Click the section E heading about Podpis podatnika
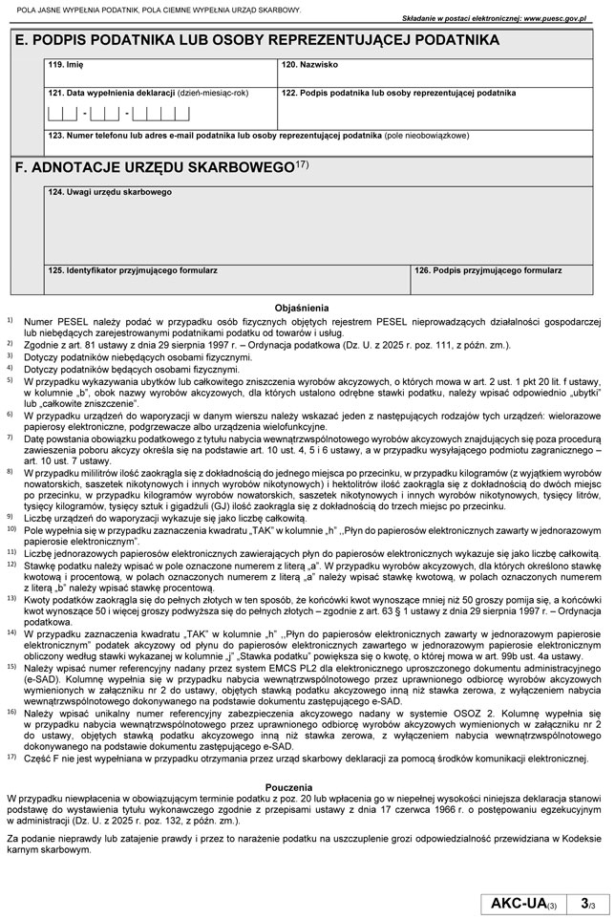click(258, 40)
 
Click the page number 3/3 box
click(584, 903)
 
